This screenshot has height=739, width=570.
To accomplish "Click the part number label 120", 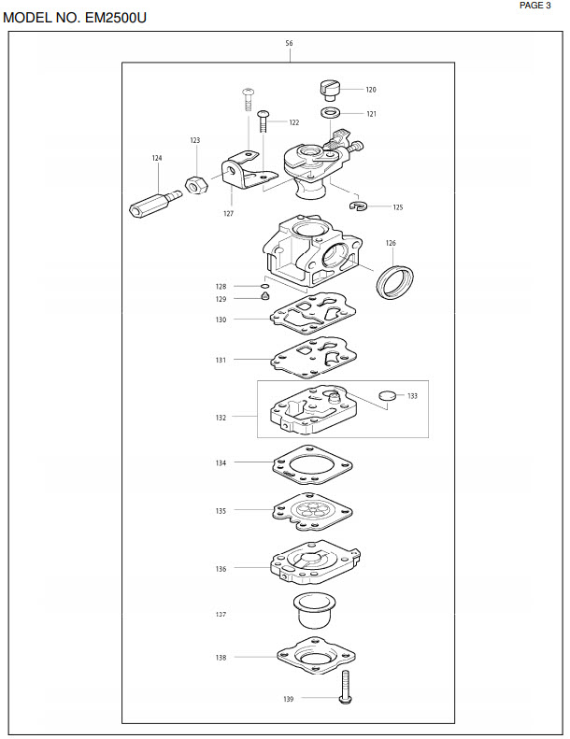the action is tap(371, 90).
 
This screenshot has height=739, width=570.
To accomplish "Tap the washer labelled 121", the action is tap(331, 113).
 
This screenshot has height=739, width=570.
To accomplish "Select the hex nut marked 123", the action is tap(196, 184).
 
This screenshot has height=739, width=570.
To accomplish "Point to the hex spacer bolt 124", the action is tap(155, 203).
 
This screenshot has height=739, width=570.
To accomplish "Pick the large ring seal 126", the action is tap(395, 282).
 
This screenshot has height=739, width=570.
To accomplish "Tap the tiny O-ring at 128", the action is tap(265, 286).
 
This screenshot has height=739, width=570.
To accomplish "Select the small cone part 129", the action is tap(265, 296).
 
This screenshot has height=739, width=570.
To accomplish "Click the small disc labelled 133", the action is tap(388, 395).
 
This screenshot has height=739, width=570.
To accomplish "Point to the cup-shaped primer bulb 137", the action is tap(313, 610).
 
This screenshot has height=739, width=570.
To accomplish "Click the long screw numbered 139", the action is tap(346, 688).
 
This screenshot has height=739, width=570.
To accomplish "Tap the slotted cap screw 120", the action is tap(330, 90).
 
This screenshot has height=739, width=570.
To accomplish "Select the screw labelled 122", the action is tap(264, 121).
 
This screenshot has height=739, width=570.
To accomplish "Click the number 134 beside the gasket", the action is tap(221, 462).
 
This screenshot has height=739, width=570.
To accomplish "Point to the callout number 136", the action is tap(221, 569).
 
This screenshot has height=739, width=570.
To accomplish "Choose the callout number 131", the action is tap(221, 360).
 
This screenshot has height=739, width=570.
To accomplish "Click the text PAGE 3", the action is tap(535, 6).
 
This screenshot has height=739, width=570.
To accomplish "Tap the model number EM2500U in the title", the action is tap(116, 18).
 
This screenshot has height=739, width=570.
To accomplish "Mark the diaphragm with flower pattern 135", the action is tap(313, 511).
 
